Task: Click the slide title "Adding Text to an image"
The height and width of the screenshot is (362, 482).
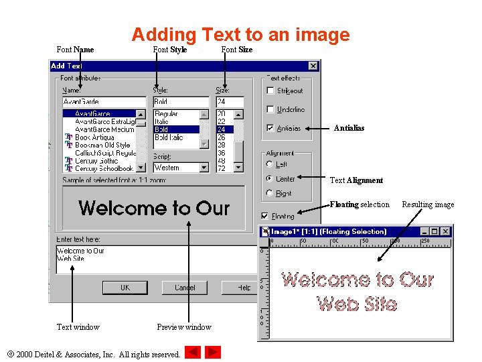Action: pos(240,34)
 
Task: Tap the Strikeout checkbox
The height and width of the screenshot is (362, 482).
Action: pos(270,90)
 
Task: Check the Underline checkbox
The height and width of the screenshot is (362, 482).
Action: pos(270,109)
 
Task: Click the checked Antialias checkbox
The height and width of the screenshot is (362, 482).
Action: pos(270,128)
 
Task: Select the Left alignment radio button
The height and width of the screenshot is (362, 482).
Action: pos(270,164)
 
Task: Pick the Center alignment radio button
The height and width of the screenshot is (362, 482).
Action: pos(270,179)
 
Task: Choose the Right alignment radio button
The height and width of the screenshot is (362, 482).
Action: pos(270,193)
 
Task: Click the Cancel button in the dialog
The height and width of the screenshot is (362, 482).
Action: pos(185,288)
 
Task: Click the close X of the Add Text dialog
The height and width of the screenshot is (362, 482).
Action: pos(313,66)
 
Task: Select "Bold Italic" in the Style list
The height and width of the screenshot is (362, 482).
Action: pos(170,137)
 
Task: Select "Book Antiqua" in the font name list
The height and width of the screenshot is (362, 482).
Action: pos(94,137)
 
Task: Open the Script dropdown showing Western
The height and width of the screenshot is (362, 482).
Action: pos(205,168)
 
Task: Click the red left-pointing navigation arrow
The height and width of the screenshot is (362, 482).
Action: pos(193,352)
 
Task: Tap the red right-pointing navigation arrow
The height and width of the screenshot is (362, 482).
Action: pos(213,352)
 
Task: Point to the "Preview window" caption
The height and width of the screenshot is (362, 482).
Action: pos(184,327)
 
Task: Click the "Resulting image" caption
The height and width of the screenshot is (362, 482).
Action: pos(428,204)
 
